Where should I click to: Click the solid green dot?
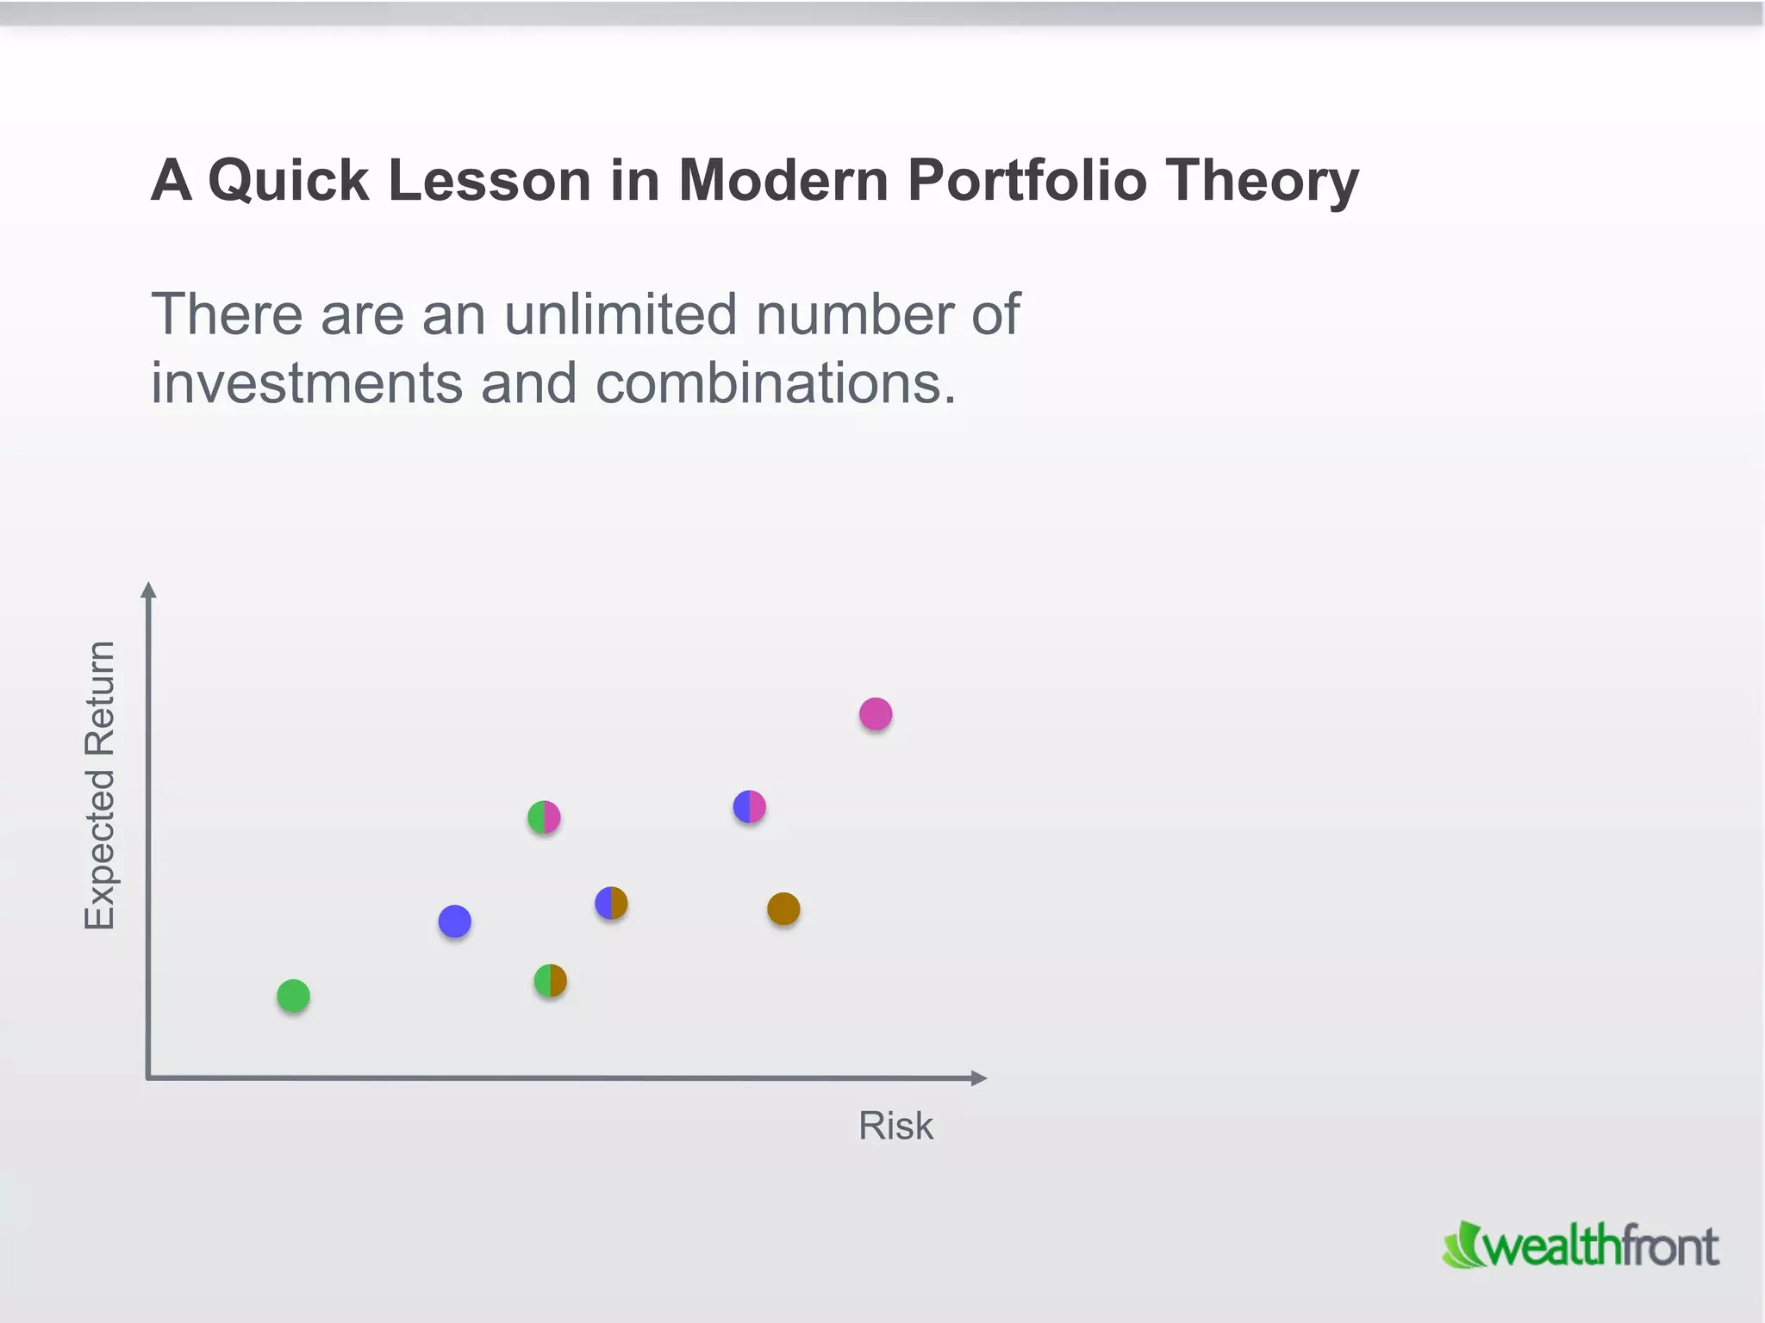tap(293, 996)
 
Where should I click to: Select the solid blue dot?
tap(454, 921)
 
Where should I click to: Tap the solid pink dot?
tap(876, 713)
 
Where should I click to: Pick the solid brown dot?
tap(783, 908)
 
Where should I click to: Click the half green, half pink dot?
tap(544, 817)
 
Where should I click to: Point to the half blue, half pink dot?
tap(749, 806)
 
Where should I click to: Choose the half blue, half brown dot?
tap(611, 903)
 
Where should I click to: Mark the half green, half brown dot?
tap(550, 980)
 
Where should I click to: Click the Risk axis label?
tap(895, 1125)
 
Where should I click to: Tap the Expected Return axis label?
tap(100, 785)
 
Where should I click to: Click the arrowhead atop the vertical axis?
tap(148, 590)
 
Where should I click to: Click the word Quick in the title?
tap(288, 181)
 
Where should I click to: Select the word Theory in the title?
tap(1262, 181)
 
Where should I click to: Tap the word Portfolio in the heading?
tap(1026, 181)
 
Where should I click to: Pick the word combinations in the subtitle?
tap(776, 382)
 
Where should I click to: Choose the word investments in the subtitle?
tap(306, 382)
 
